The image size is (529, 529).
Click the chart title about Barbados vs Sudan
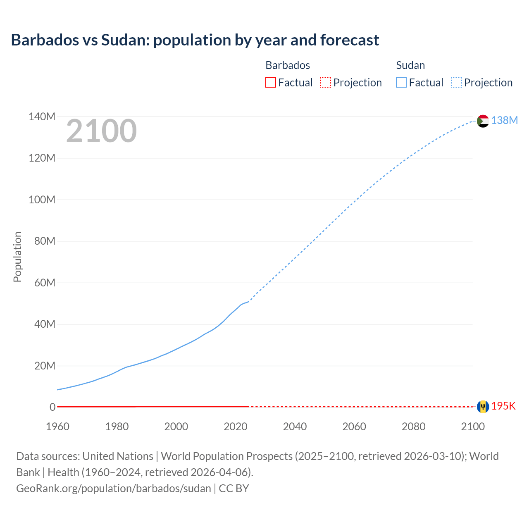point(195,40)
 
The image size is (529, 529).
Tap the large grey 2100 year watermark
point(101,131)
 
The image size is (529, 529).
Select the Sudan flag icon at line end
point(483,121)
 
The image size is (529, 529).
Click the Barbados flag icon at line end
point(483,407)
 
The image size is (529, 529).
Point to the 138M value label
point(504,120)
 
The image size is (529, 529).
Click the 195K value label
point(503,406)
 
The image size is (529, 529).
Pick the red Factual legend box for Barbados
point(270,82)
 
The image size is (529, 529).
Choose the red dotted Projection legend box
point(326,82)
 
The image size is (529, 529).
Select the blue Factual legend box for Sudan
point(401,82)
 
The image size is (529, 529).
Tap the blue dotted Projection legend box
point(456,82)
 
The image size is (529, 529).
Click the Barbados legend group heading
point(288,65)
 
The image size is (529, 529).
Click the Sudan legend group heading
point(410,65)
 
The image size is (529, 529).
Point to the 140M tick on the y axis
point(42,117)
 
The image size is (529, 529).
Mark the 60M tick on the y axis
point(45,283)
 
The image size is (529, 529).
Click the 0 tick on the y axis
point(52,407)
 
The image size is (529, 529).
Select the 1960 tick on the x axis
point(57,427)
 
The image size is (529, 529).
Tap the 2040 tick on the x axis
point(295,427)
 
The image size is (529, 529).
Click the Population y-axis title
point(17,257)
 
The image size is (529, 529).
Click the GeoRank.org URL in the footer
point(114,488)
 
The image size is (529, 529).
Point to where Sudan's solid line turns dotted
point(248,302)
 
